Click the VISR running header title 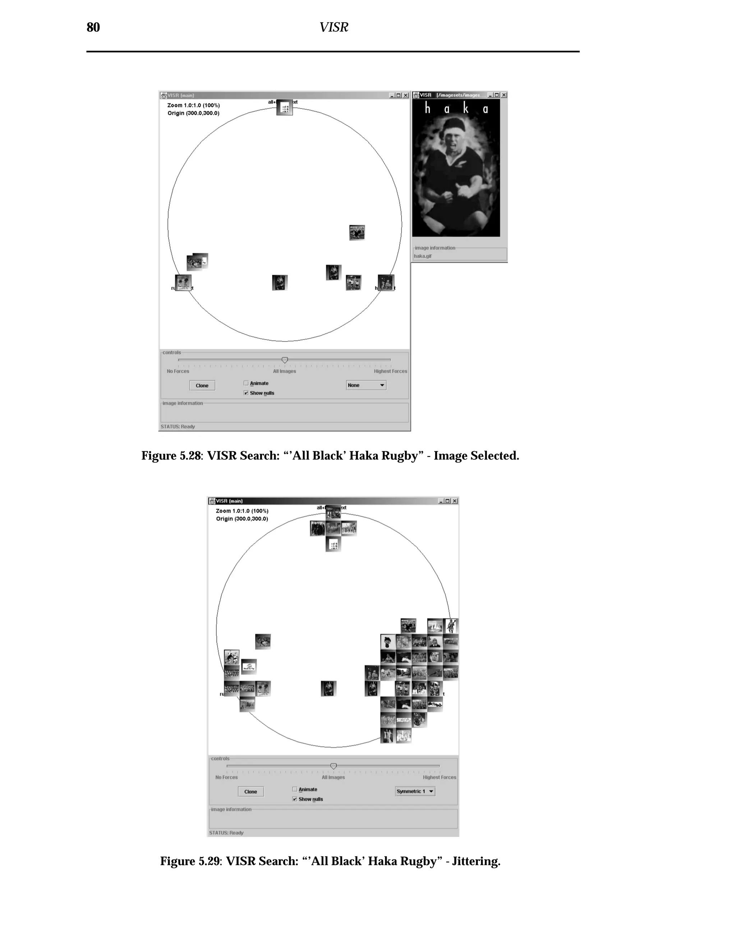coord(333,27)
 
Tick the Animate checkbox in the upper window coord(246,383)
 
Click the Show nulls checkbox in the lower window coord(295,799)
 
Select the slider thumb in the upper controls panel coord(285,360)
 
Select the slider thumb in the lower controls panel coord(333,766)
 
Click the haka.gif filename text coord(423,256)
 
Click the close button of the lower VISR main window coord(455,501)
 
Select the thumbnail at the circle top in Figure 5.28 coord(285,107)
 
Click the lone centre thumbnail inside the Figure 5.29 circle coord(328,688)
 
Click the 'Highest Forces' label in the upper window coord(390,371)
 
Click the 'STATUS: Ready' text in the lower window coord(226,833)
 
